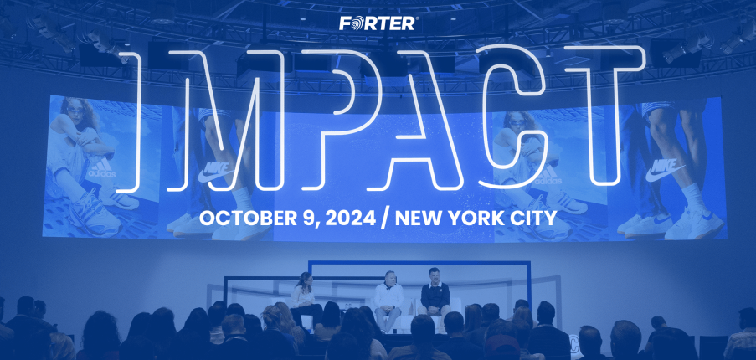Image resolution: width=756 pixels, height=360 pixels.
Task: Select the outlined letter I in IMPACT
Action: (x=130, y=122)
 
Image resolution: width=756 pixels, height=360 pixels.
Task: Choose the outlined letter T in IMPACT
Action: (x=604, y=116)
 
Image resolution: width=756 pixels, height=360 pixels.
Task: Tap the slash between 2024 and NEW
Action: (x=385, y=219)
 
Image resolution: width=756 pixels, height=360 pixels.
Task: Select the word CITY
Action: (x=536, y=219)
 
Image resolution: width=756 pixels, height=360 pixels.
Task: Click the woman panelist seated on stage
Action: (x=304, y=298)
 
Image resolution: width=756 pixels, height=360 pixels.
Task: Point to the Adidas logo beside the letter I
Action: (x=102, y=168)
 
